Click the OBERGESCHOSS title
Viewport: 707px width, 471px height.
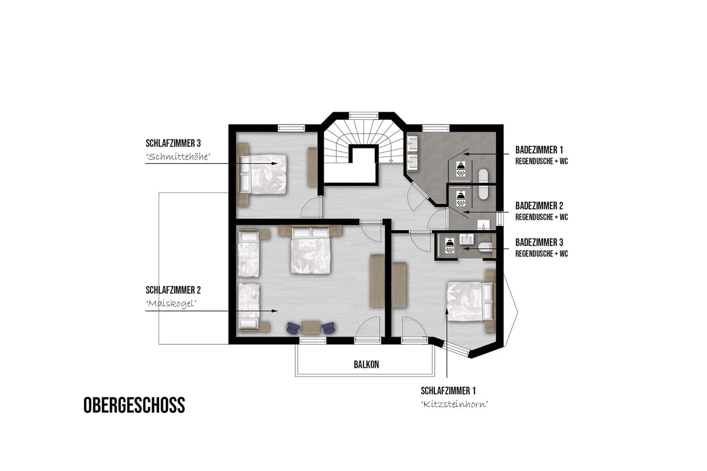[x=134, y=405]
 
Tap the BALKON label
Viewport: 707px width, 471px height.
[x=366, y=365]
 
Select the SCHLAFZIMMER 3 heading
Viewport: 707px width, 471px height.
[x=173, y=143]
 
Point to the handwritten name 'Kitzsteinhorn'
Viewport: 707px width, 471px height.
[x=455, y=404]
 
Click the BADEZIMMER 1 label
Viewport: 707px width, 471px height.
[x=539, y=150]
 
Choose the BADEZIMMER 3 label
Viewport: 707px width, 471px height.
[x=539, y=242]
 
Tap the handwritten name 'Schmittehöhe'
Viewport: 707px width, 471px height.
[x=178, y=157]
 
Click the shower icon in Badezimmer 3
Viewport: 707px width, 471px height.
[x=450, y=246]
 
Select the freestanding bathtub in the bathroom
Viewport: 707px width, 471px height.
[x=483, y=184]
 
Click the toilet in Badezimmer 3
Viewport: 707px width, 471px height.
[x=485, y=246]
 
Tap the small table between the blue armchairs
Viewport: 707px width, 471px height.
[x=311, y=327]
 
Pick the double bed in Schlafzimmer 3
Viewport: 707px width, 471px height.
[x=263, y=174]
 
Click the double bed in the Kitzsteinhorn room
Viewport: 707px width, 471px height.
[x=470, y=301]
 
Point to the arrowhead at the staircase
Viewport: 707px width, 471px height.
[x=391, y=161]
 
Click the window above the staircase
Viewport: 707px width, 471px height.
[x=364, y=115]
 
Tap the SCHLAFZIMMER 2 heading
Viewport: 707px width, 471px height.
[x=173, y=290]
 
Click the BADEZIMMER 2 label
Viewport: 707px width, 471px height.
[x=539, y=206]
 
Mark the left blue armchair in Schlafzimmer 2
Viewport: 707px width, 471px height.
[x=293, y=328]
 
